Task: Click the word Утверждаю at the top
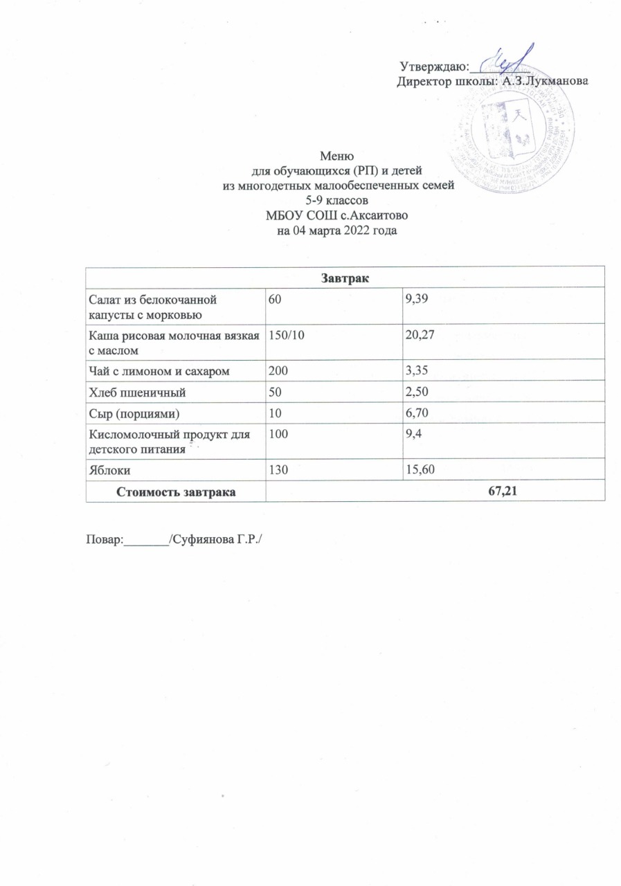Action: [x=434, y=67]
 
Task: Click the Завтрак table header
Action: [x=344, y=278]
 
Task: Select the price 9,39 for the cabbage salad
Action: [x=417, y=300]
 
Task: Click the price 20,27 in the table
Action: [x=420, y=336]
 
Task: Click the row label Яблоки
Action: [x=109, y=470]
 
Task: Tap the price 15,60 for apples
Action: [x=420, y=470]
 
